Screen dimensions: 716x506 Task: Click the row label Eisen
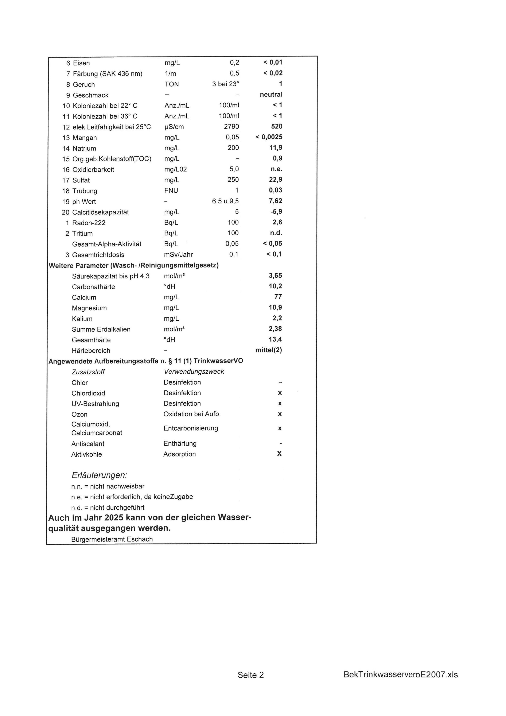click(81, 63)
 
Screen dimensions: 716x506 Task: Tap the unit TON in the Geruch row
click(172, 84)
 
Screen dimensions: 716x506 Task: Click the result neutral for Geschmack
click(271, 95)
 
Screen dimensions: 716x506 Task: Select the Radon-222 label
click(89, 223)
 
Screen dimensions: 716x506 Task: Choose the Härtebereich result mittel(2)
click(269, 350)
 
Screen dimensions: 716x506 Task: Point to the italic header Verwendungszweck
click(194, 372)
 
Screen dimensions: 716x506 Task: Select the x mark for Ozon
click(280, 414)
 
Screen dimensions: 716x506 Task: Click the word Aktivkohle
click(87, 454)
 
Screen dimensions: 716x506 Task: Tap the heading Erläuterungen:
click(99, 475)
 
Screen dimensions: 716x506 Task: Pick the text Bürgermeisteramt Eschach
click(112, 539)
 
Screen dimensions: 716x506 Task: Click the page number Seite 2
click(250, 675)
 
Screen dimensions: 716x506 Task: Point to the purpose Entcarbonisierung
click(191, 428)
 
